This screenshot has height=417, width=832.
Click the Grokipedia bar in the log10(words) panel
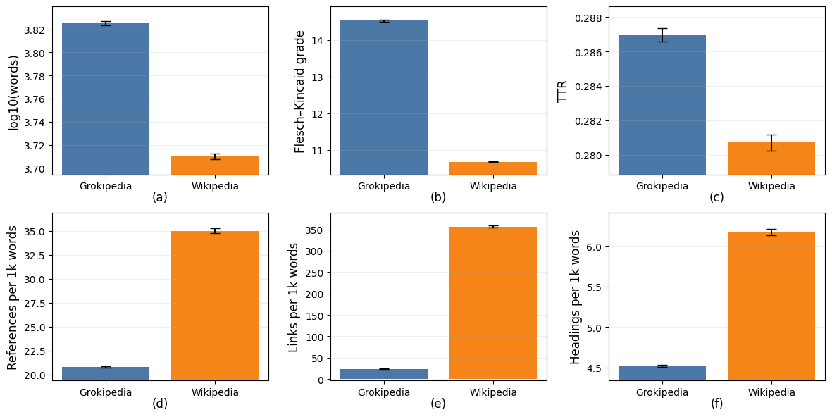[x=105, y=99]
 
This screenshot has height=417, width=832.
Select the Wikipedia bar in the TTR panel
[x=771, y=158]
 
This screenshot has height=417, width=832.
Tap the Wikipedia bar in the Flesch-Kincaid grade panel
[x=492, y=168]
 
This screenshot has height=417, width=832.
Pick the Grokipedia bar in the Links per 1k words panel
[x=383, y=374]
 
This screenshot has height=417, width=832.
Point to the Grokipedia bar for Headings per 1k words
[x=662, y=373]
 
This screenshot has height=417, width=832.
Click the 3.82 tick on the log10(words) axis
[x=35, y=30]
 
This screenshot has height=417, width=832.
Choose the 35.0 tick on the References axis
[x=35, y=232]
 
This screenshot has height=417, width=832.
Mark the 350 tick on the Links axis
[x=314, y=230]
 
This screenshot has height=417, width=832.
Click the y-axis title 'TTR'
[x=563, y=90]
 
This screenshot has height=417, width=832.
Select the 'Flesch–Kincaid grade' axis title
[x=300, y=91]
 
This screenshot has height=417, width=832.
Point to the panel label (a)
[x=160, y=197]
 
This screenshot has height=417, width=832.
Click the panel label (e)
[x=438, y=404]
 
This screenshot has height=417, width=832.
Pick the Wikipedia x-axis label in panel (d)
[x=214, y=392]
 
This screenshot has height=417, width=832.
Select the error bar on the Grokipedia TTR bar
[x=662, y=35]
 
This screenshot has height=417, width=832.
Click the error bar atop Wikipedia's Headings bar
[x=771, y=232]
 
